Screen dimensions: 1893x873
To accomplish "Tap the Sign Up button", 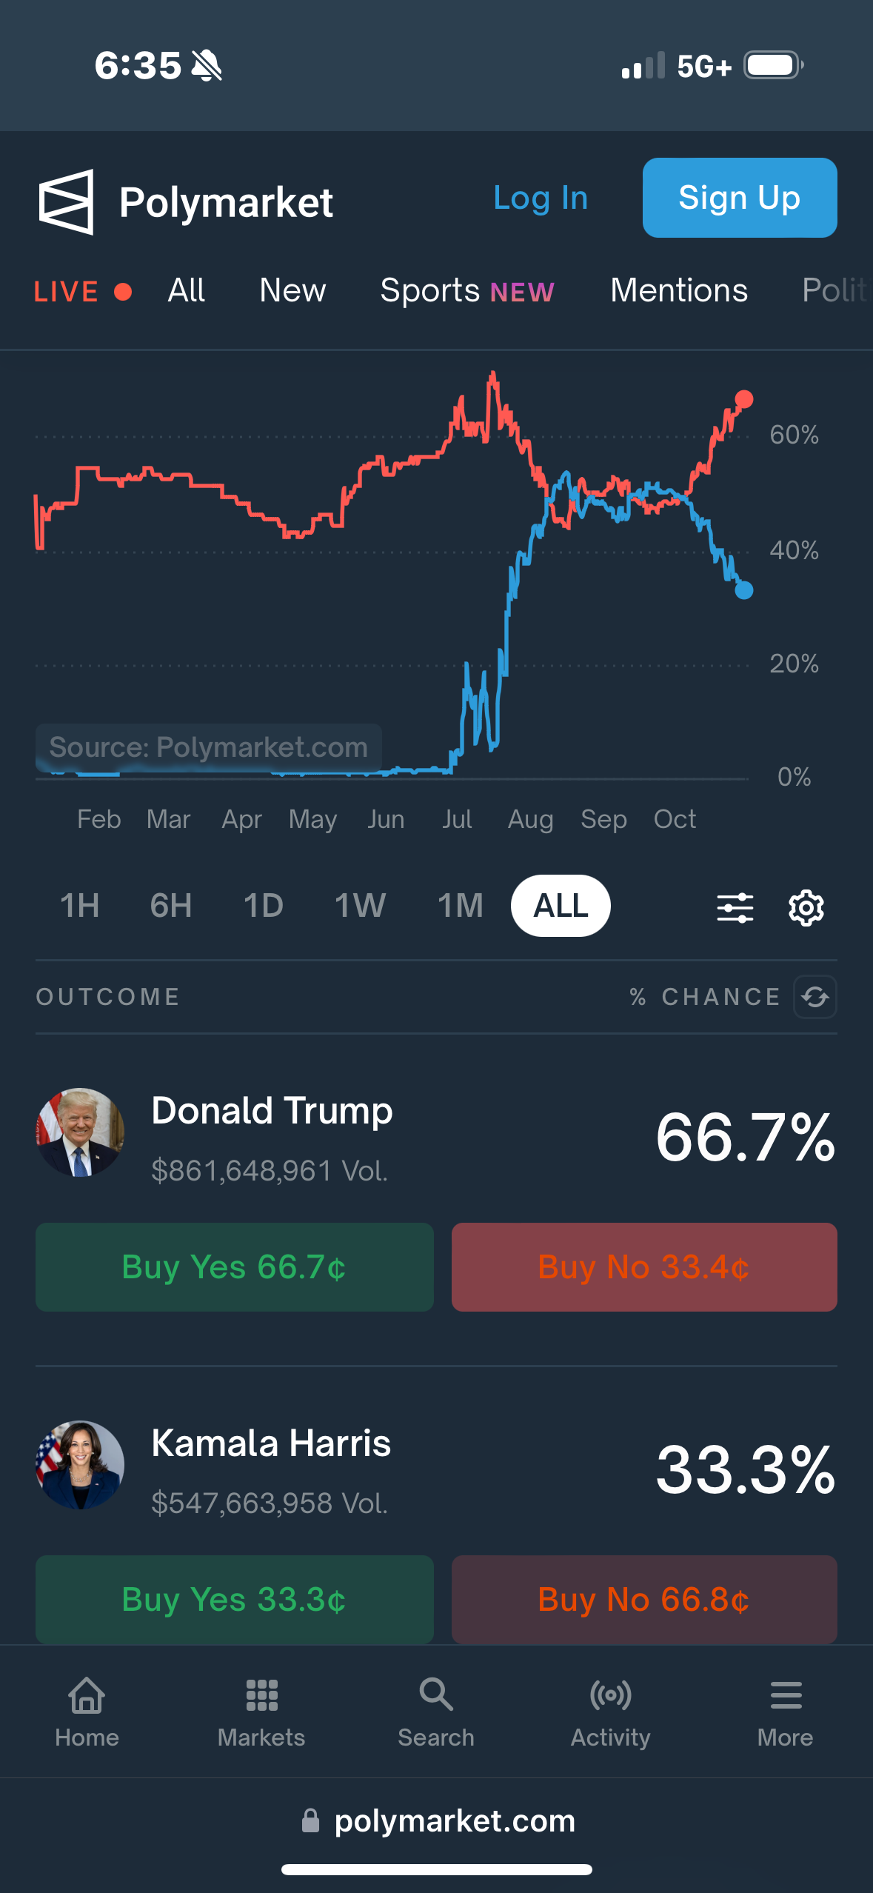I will click(x=739, y=198).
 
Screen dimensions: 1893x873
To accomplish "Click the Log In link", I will click(x=541, y=198).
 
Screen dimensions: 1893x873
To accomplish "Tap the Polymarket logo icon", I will click(x=67, y=201).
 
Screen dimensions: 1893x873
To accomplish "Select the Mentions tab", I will click(x=678, y=290).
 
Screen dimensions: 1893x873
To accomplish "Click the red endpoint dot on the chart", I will click(x=744, y=400).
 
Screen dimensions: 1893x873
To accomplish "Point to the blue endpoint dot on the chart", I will click(x=744, y=590).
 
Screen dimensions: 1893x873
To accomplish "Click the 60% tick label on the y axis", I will click(x=794, y=435).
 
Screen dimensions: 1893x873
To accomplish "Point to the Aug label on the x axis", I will click(x=530, y=819).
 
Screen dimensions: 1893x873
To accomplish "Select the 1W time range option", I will click(x=360, y=906).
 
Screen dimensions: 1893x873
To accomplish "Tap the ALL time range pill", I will click(x=561, y=906).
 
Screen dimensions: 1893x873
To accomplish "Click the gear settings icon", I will click(x=806, y=907).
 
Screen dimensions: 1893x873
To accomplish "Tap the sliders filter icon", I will click(x=735, y=907).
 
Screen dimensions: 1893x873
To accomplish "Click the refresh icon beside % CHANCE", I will click(x=815, y=997).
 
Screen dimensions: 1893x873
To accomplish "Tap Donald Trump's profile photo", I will click(x=80, y=1132).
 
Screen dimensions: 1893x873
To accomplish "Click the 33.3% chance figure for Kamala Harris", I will click(x=745, y=1470).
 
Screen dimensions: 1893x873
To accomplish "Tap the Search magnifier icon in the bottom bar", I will click(x=435, y=1695).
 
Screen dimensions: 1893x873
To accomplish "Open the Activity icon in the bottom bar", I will click(x=610, y=1695).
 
